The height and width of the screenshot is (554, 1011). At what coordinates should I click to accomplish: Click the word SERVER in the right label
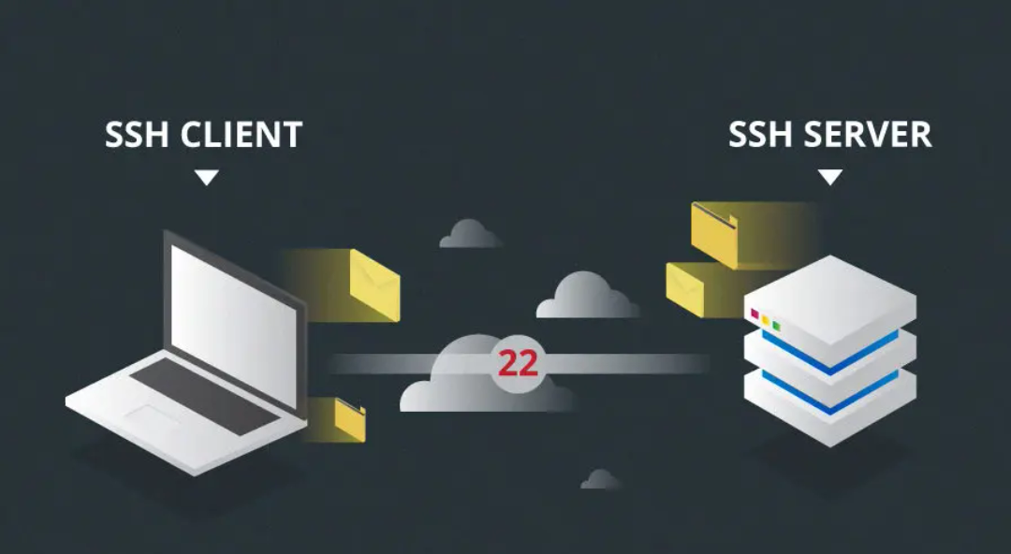coord(870,135)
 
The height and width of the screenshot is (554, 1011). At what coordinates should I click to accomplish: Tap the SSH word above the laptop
coord(138,135)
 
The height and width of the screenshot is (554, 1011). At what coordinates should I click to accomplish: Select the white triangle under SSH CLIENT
coord(206,177)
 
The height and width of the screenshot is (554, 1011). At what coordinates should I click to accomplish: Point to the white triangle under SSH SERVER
coord(830,177)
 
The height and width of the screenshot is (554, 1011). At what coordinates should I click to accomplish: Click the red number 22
coord(518,364)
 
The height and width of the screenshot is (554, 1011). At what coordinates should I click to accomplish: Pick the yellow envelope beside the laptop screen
coord(373,284)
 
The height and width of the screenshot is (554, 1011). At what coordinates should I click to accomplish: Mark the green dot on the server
coord(776,326)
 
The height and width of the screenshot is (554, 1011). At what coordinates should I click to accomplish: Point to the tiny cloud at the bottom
coord(600,480)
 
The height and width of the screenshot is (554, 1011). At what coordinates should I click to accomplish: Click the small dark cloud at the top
coord(470,235)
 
